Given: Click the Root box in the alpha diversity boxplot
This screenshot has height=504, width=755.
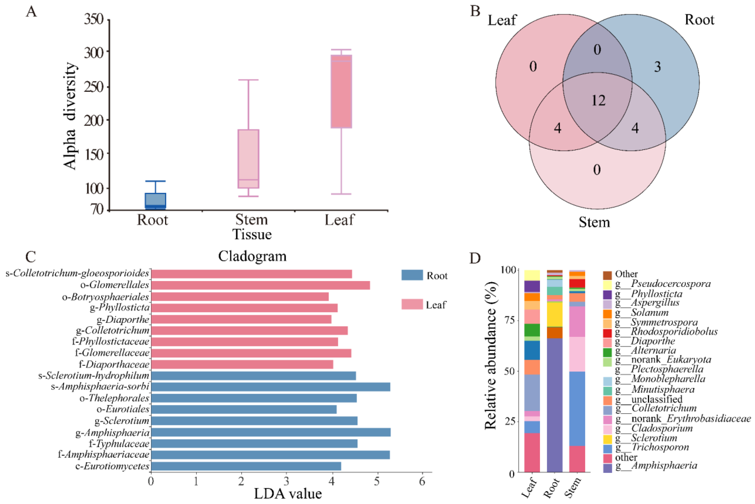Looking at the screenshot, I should [x=155, y=201].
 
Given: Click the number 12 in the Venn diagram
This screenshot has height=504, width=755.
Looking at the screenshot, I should [x=598, y=101].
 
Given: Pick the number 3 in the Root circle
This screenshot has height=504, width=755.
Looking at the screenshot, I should [x=657, y=67].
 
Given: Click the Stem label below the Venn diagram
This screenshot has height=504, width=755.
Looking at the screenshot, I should [x=594, y=222].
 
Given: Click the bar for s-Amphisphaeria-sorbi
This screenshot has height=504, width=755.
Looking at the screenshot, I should [x=270, y=387].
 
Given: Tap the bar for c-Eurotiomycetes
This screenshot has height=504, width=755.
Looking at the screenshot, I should [x=246, y=466].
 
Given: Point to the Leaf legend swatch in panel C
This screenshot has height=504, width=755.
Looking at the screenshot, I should [x=412, y=304].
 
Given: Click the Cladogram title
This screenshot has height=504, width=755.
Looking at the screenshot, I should [x=252, y=256].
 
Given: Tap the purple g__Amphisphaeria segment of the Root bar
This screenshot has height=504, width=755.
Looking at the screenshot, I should [x=554, y=405].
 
